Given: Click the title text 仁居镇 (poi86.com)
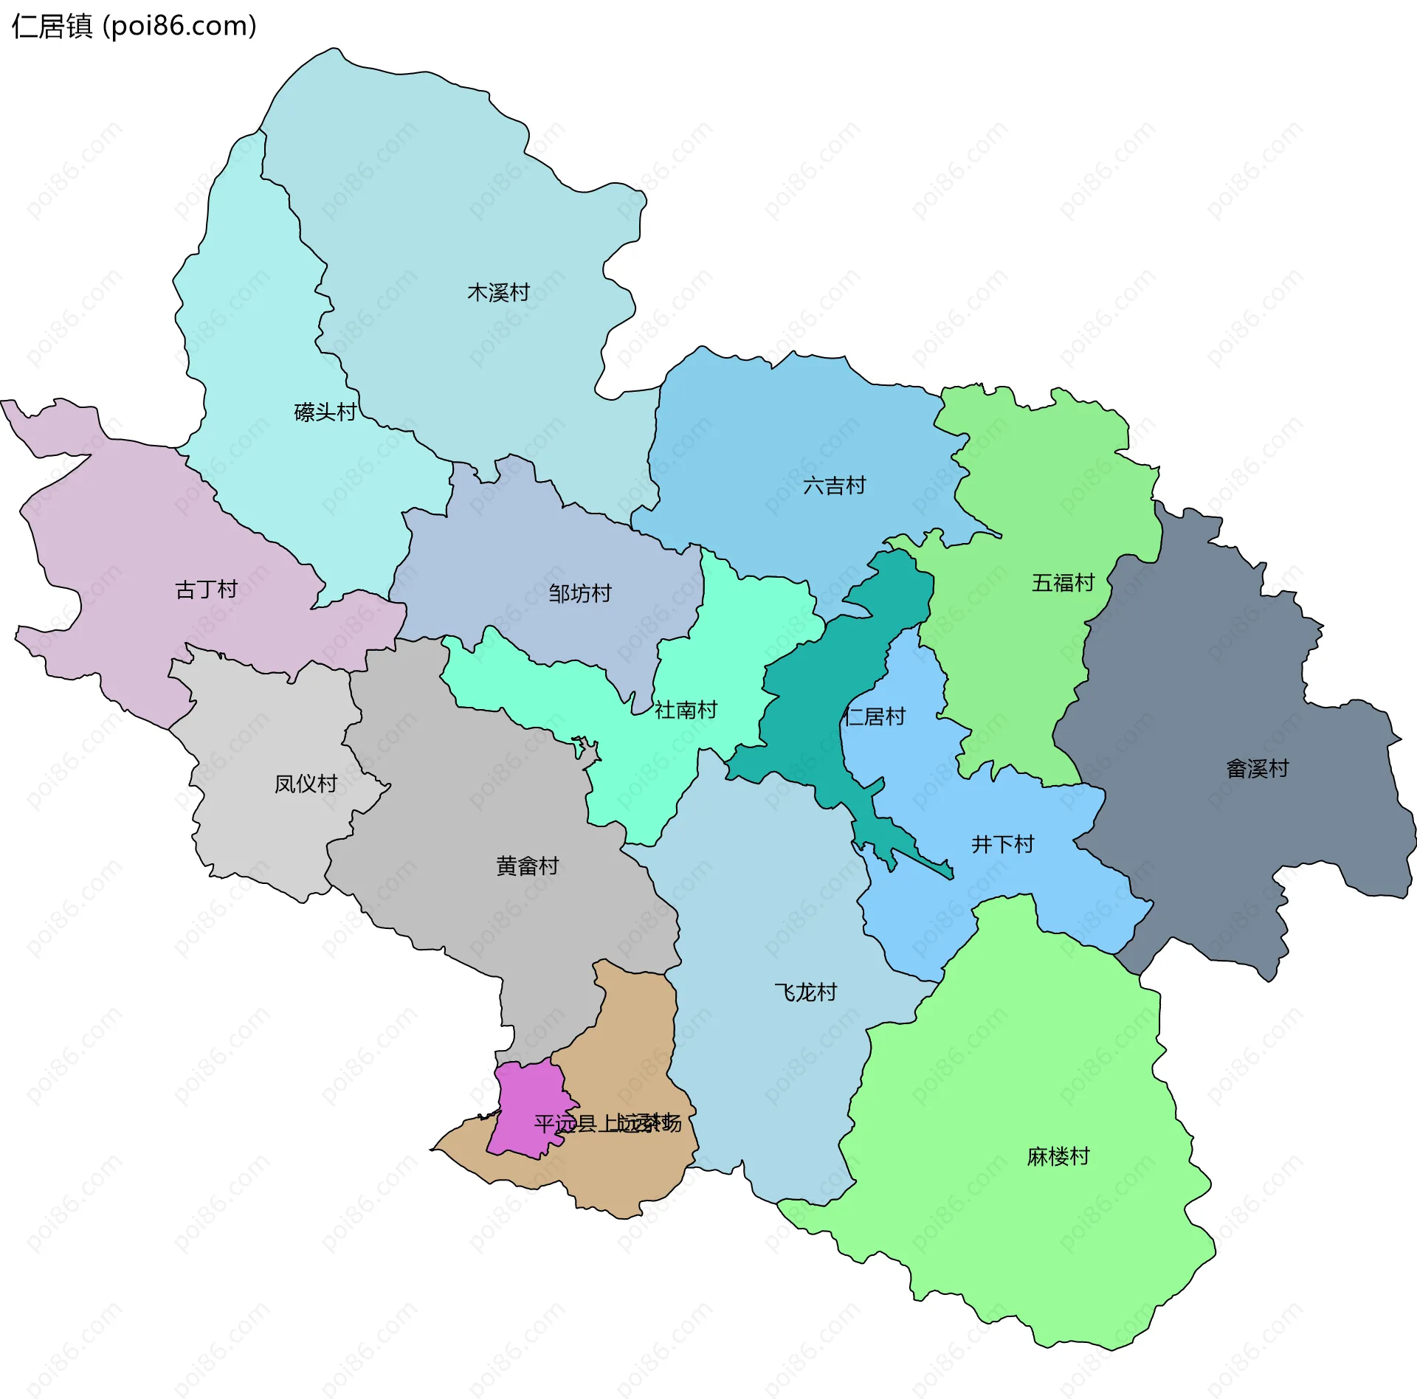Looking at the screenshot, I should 134,27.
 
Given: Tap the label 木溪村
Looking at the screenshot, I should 498,293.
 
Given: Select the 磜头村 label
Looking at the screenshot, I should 325,412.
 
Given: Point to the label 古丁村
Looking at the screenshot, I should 206,590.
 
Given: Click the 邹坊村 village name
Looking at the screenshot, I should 580,593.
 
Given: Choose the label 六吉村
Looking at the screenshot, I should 834,486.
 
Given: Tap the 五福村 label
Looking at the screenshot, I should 1063,583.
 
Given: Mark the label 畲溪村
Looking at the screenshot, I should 1257,769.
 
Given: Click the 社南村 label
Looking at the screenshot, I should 686,710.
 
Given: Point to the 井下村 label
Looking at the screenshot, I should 1002,844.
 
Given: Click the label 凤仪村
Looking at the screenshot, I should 306,784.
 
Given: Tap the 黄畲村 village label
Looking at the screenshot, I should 527,866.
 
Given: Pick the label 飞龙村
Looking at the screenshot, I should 805,992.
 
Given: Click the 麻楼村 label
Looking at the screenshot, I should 1058,1156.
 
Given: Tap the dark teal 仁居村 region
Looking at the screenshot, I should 804,708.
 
